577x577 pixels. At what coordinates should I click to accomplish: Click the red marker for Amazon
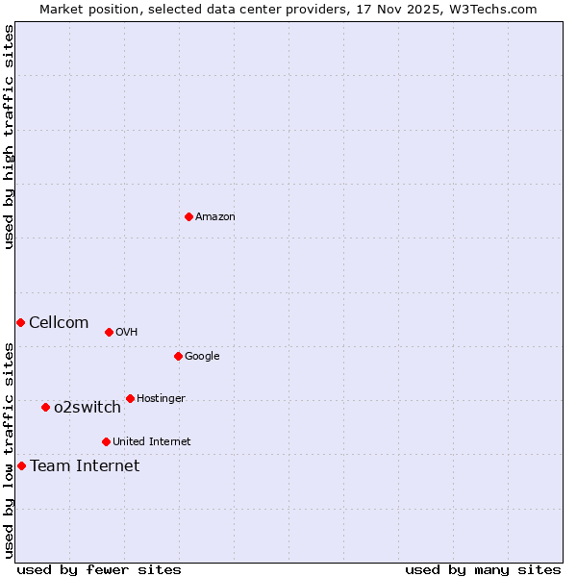[188, 216]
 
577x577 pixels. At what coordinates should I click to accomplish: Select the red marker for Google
[178, 356]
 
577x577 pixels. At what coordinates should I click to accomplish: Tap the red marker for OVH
[109, 332]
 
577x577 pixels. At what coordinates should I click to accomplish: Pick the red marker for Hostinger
[130, 398]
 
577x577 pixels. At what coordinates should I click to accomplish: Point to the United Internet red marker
[106, 441]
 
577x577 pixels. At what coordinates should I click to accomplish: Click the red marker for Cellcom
[20, 322]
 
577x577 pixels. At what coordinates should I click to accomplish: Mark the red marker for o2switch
[45, 407]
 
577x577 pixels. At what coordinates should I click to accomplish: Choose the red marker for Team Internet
[21, 465]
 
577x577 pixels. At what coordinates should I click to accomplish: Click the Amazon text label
[215, 217]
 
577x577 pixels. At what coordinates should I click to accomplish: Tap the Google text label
[202, 357]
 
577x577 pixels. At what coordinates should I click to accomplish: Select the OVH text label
[126, 333]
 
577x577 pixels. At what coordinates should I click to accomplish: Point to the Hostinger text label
[161, 399]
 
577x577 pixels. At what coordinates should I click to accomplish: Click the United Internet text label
[151, 442]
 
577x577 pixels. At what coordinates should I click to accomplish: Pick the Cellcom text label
[59, 323]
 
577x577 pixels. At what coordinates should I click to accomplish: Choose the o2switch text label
[88, 408]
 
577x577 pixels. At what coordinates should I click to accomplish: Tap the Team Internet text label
[85, 466]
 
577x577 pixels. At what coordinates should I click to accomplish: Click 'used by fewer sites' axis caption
[99, 569]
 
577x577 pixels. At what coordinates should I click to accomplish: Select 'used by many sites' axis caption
[483, 569]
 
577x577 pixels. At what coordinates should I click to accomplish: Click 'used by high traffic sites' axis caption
[9, 137]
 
